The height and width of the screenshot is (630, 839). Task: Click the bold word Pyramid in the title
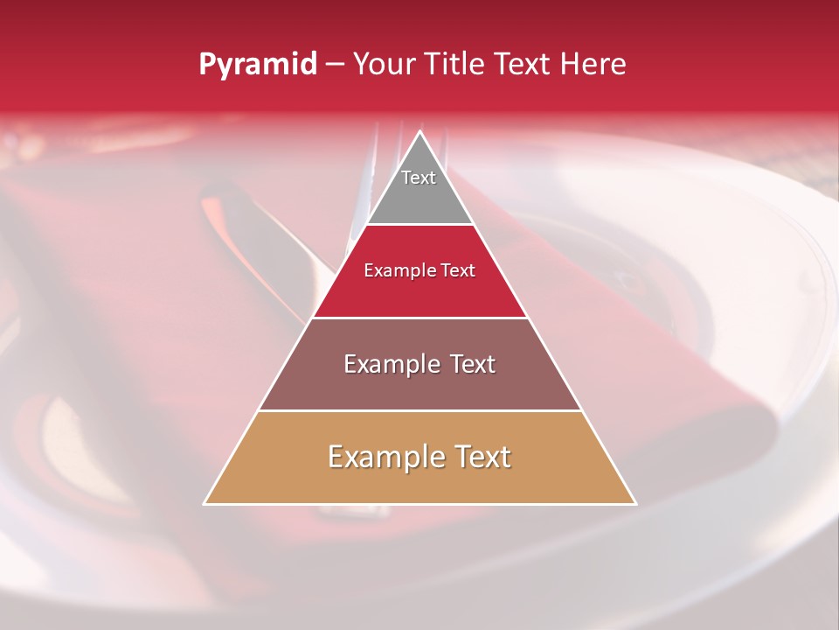[x=257, y=65]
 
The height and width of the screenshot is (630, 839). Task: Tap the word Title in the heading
[x=454, y=65]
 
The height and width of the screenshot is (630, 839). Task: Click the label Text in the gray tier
[x=419, y=178]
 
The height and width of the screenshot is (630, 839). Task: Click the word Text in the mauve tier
[x=468, y=364]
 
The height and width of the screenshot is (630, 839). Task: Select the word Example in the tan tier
[x=383, y=457]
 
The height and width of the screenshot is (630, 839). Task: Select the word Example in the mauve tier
[x=390, y=364]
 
